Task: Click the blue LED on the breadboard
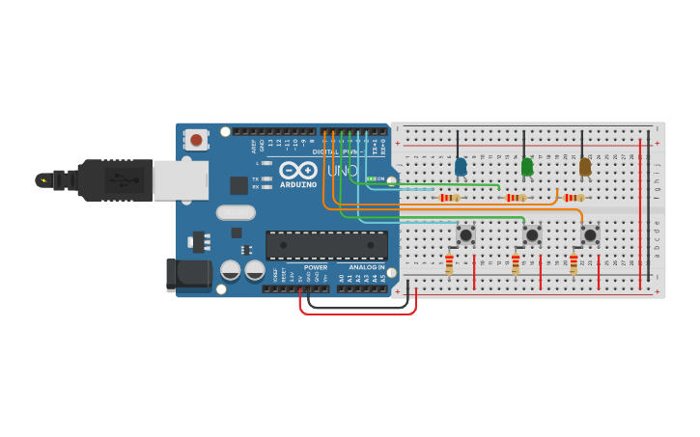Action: pyautogui.click(x=461, y=167)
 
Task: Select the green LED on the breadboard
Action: pyautogui.click(x=526, y=167)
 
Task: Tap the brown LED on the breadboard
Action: pyautogui.click(x=585, y=167)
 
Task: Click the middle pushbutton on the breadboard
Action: pyautogui.click(x=532, y=234)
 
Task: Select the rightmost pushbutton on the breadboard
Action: pyautogui.click(x=590, y=234)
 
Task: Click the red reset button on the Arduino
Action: pyautogui.click(x=197, y=140)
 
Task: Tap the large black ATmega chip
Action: pyautogui.click(x=326, y=245)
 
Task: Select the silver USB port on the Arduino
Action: pyautogui.click(x=181, y=180)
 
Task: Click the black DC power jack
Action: pyautogui.click(x=188, y=274)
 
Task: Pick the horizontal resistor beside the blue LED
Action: pyautogui.click(x=449, y=198)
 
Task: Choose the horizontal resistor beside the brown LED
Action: pyautogui.click(x=574, y=198)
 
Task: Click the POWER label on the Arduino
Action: pyautogui.click(x=316, y=267)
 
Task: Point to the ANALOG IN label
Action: pyautogui.click(x=366, y=267)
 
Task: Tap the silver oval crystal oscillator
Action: pyautogui.click(x=236, y=212)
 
